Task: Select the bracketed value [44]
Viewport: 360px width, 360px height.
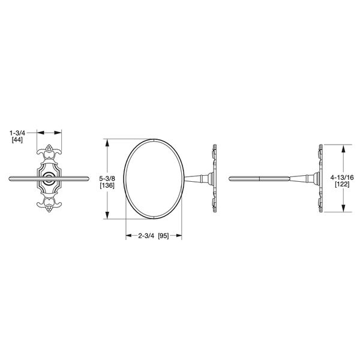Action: pyautogui.click(x=17, y=139)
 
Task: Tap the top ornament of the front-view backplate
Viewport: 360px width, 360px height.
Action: pyautogui.click(x=49, y=151)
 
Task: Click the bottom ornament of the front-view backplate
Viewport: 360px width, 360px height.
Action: pyautogui.click(x=49, y=206)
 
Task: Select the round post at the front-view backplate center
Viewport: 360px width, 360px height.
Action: pyautogui.click(x=49, y=178)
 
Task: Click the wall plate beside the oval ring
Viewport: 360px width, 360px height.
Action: pyautogui.click(x=213, y=178)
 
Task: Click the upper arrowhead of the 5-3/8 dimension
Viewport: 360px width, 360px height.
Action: pyautogui.click(x=107, y=142)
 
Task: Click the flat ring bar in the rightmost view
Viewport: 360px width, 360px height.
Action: pyautogui.click(x=252, y=178)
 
